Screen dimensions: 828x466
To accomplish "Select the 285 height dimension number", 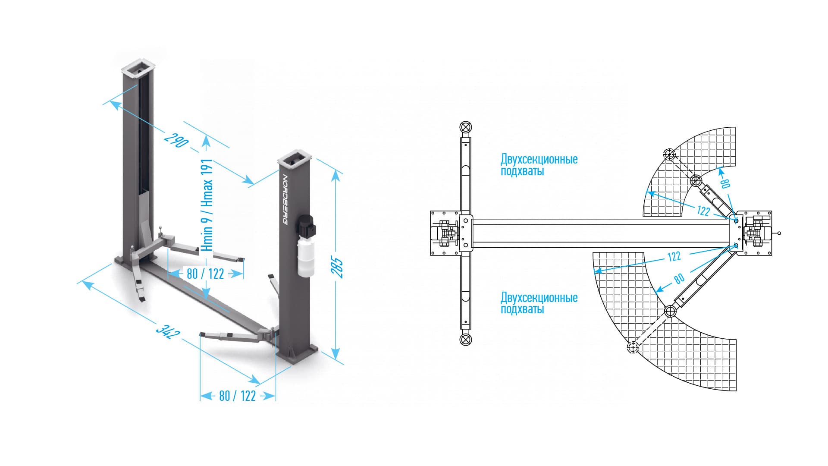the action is [339, 268].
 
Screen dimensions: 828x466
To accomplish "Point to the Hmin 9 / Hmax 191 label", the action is [207, 205].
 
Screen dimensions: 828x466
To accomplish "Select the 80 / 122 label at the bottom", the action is [237, 396].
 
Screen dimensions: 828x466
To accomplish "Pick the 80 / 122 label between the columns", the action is [205, 274].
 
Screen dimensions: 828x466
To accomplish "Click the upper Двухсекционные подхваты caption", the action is [539, 165].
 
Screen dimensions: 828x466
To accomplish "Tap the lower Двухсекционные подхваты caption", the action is [539, 303].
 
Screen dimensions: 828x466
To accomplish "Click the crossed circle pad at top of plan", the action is [465, 127].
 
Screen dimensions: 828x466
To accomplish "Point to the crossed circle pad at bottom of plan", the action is [465, 340].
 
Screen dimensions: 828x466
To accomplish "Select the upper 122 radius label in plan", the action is [703, 211].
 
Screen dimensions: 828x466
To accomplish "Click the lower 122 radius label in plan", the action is [674, 256].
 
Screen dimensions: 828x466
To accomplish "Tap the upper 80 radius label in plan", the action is [725, 183].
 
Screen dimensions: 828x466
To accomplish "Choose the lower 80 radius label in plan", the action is [679, 279].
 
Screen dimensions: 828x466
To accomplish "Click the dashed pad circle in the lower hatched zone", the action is [632, 347].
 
